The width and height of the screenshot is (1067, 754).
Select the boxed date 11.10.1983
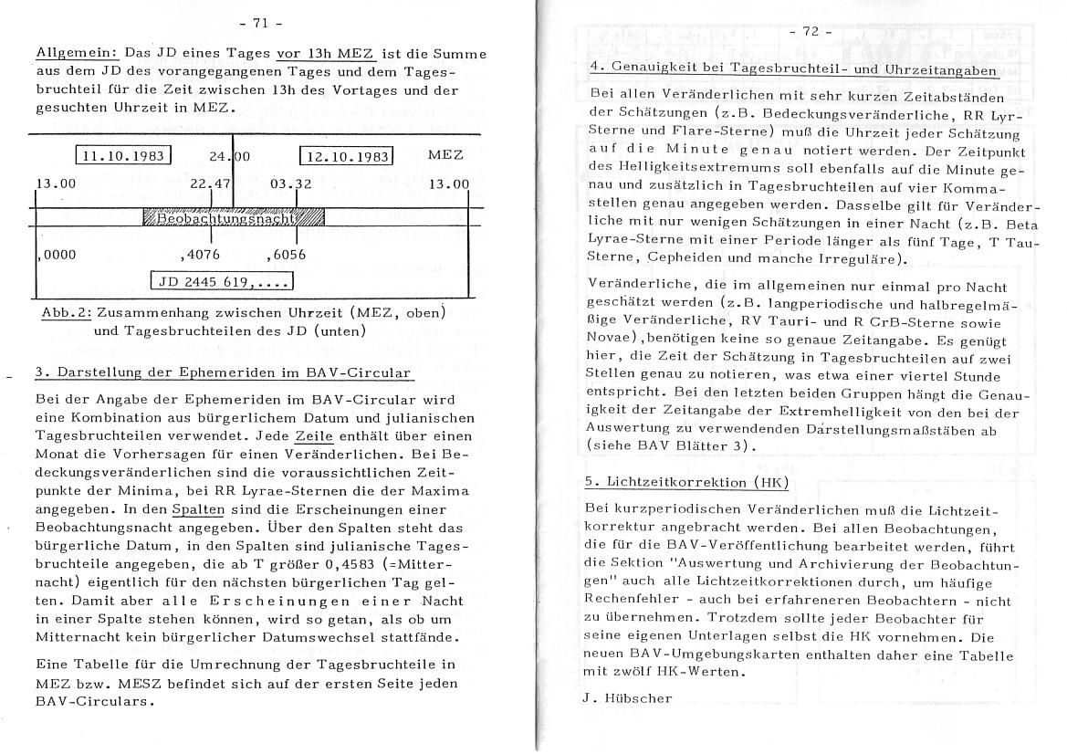[x=123, y=156]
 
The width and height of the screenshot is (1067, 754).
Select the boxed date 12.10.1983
[x=347, y=156]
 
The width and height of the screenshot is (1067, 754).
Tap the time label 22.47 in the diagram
[x=209, y=183]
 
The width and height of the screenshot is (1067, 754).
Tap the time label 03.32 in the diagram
[x=292, y=183]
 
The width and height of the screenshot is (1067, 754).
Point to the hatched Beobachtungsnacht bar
[x=234, y=218]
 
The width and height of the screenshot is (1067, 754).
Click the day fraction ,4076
[x=201, y=255]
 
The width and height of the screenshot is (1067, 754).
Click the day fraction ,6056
[x=287, y=255]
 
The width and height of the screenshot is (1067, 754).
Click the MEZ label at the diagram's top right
[x=445, y=155]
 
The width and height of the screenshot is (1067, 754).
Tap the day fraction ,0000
[x=57, y=255]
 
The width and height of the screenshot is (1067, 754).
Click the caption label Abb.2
[x=65, y=313]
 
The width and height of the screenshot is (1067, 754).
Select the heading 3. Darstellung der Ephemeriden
[x=224, y=372]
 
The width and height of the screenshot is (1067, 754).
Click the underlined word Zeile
[x=314, y=436]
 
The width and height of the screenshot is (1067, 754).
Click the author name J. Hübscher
[x=626, y=698]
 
